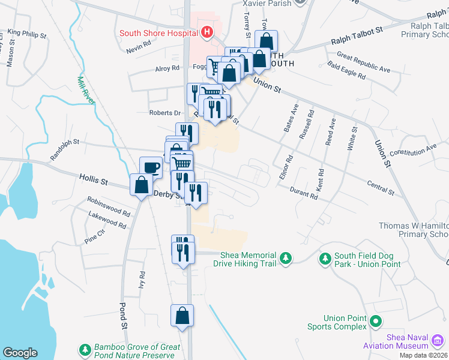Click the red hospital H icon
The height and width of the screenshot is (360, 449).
[x=207, y=32]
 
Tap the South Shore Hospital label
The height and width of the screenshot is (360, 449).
[x=159, y=33]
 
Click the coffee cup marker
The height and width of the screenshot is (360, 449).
[x=151, y=167]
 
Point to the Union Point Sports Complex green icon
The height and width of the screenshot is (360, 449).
[x=376, y=322]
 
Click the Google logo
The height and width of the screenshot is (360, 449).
[x=20, y=353]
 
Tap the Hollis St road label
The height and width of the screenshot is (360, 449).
[x=93, y=179]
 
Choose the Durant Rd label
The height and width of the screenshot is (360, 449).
[x=303, y=193]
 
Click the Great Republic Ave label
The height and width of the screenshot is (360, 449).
[x=363, y=63]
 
